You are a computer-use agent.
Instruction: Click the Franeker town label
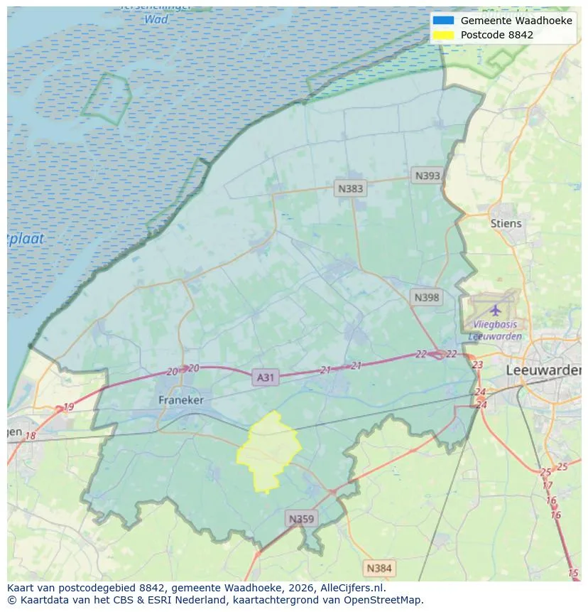pyautogui.click(x=180, y=400)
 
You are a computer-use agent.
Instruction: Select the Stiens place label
pyautogui.click(x=506, y=223)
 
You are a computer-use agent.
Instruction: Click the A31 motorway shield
pyautogui.click(x=265, y=377)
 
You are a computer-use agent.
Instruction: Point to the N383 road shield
pyautogui.click(x=350, y=188)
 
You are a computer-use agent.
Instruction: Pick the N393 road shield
pyautogui.click(x=428, y=176)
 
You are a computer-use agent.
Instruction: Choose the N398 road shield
pyautogui.click(x=426, y=298)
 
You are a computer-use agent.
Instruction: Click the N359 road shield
pyautogui.click(x=300, y=519)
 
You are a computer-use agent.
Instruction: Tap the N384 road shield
pyautogui.click(x=379, y=568)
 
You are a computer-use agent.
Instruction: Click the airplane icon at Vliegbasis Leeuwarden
pyautogui.click(x=495, y=311)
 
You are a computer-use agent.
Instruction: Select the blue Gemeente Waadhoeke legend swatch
pyautogui.click(x=443, y=21)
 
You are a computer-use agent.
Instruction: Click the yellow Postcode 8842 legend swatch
pyautogui.click(x=443, y=34)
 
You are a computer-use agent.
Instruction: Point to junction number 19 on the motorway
pyautogui.click(x=68, y=407)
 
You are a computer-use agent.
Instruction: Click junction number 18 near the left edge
pyautogui.click(x=31, y=436)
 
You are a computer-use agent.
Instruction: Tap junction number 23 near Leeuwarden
pyautogui.click(x=477, y=365)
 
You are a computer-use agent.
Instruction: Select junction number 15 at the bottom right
pyautogui.click(x=573, y=573)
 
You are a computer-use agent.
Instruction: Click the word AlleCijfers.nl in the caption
pyautogui.click(x=354, y=588)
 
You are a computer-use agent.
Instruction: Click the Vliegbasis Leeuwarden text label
pyautogui.click(x=495, y=331)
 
